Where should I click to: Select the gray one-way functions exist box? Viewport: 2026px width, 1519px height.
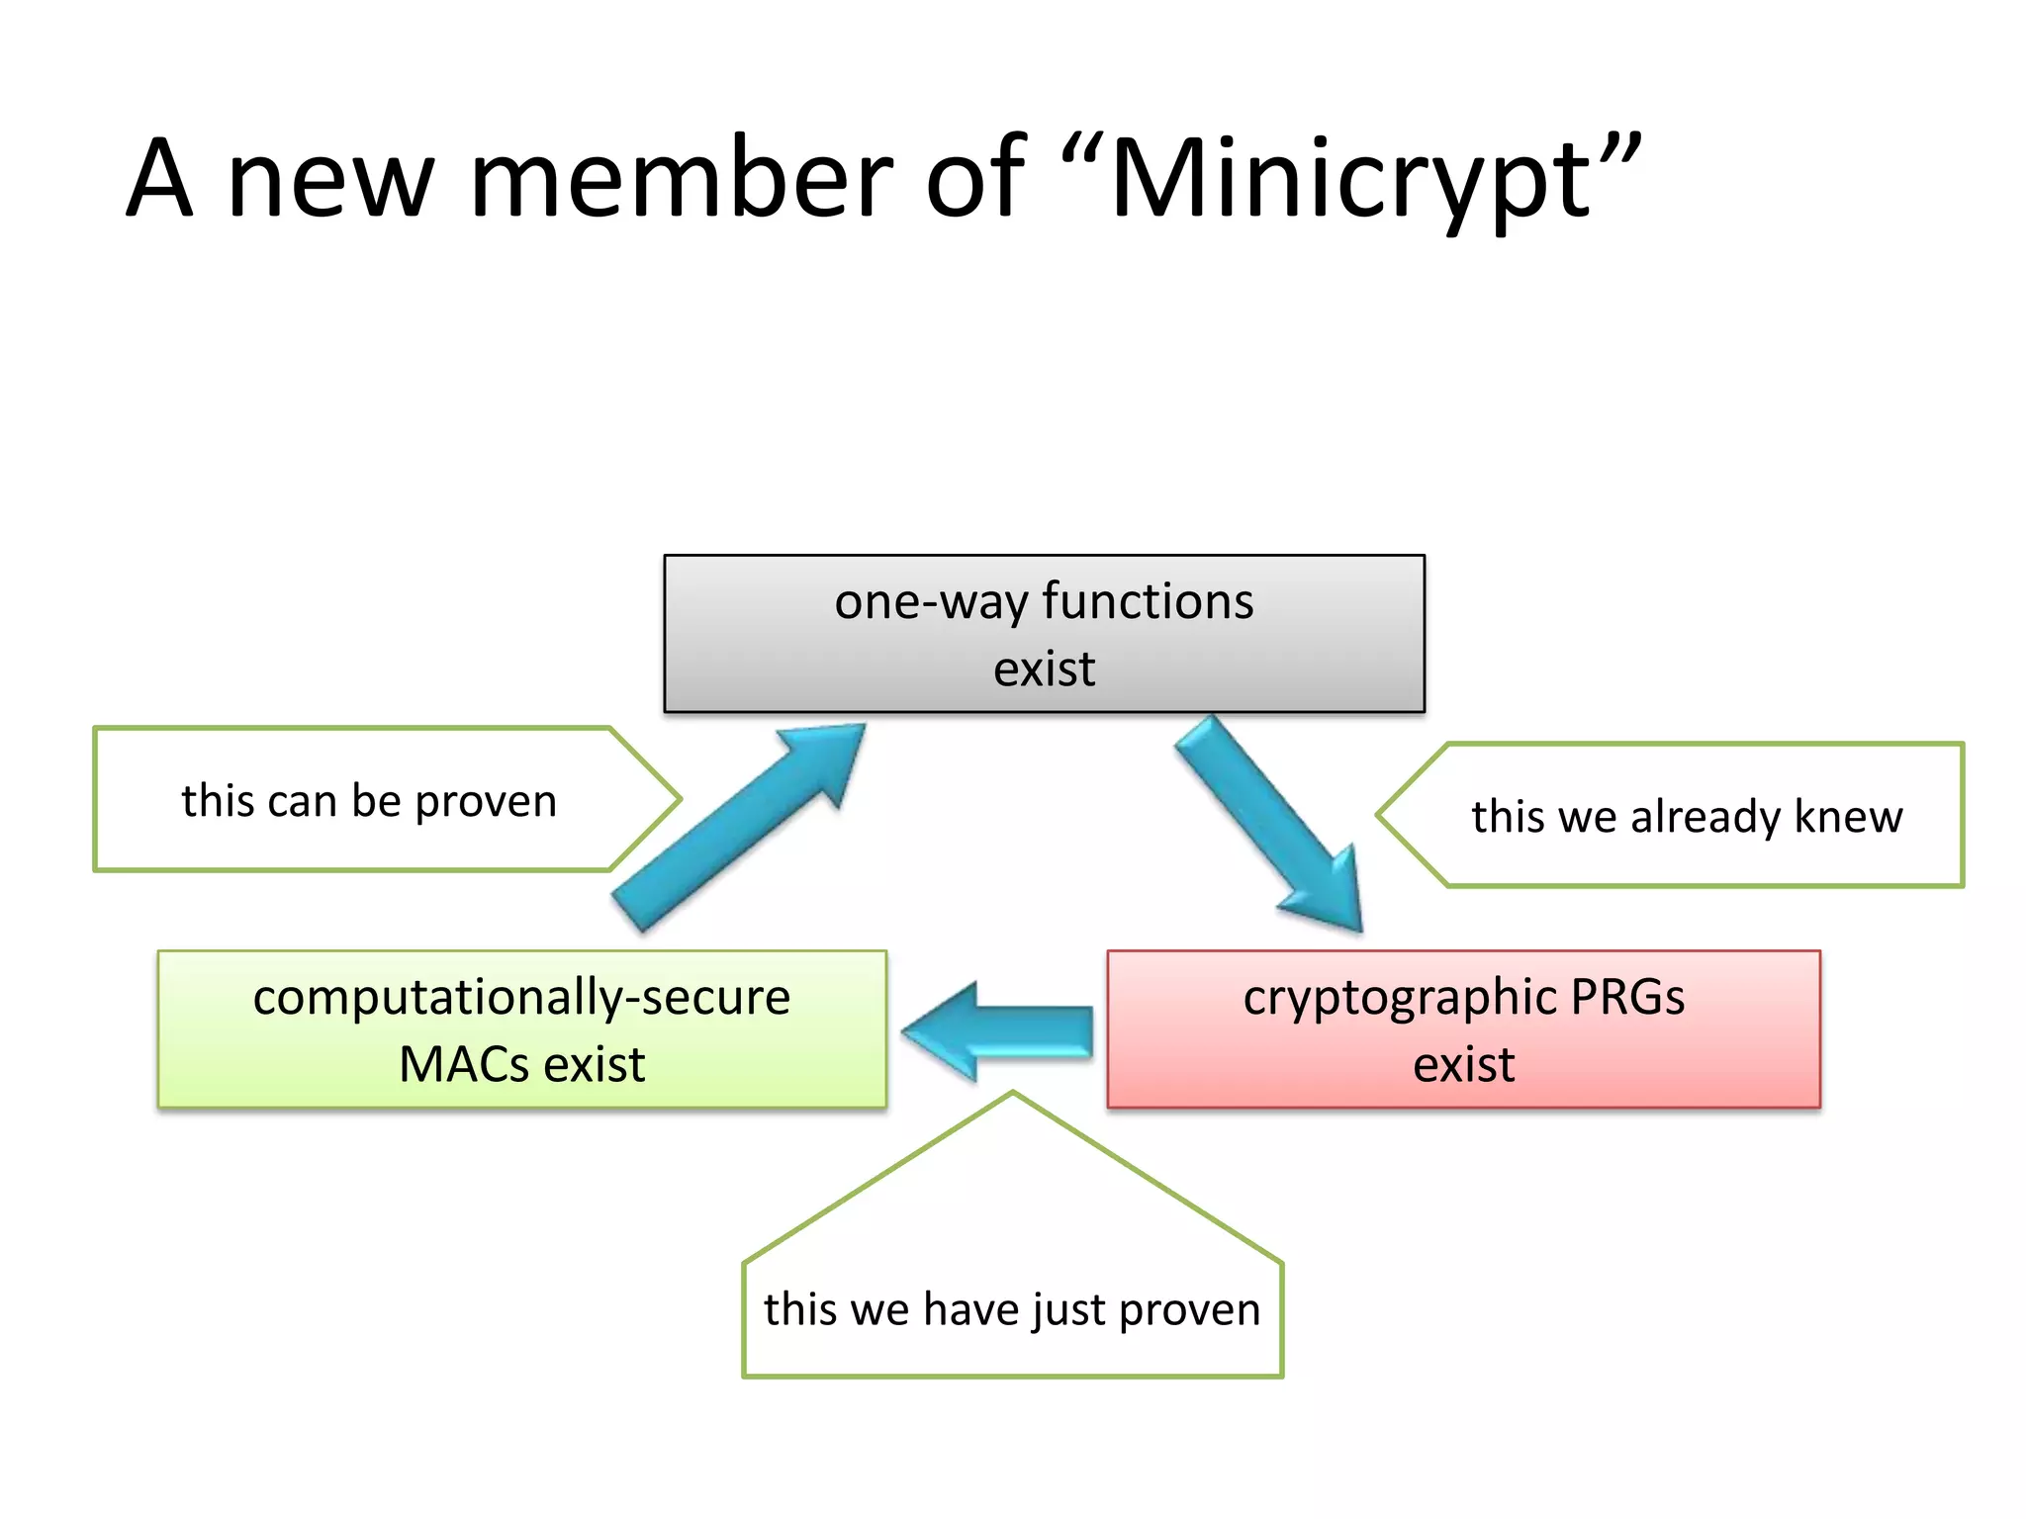[x=1044, y=634]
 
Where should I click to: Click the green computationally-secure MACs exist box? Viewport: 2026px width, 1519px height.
[x=521, y=1029]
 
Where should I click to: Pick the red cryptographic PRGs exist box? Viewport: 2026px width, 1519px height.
[x=1463, y=1029]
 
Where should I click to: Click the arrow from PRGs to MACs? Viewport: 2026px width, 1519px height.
[x=999, y=1031]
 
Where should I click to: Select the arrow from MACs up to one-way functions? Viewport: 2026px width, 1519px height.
[x=737, y=826]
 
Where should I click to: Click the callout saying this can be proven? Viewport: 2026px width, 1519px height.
[x=369, y=800]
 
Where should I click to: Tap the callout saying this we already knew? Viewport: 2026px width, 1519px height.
[x=1686, y=816]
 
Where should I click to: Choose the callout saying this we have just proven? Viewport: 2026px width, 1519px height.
[x=1012, y=1307]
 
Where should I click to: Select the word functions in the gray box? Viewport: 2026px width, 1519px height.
[x=1148, y=601]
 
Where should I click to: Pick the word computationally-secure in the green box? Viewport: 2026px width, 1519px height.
[x=521, y=997]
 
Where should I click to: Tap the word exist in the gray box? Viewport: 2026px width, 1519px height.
[x=1044, y=670]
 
